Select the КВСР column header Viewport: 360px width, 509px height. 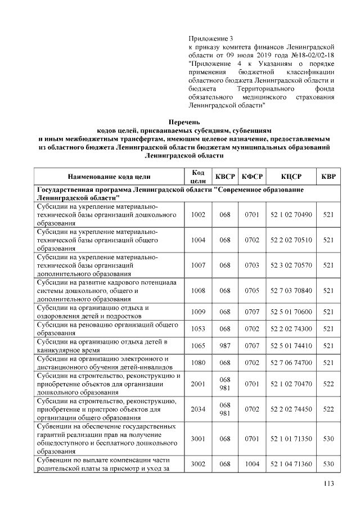click(226, 177)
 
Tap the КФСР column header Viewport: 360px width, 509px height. click(253, 177)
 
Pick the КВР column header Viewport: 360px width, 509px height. click(328, 177)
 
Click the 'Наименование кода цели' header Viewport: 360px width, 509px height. click(109, 177)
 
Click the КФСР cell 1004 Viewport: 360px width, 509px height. click(253, 464)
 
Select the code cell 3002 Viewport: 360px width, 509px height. click(198, 464)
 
